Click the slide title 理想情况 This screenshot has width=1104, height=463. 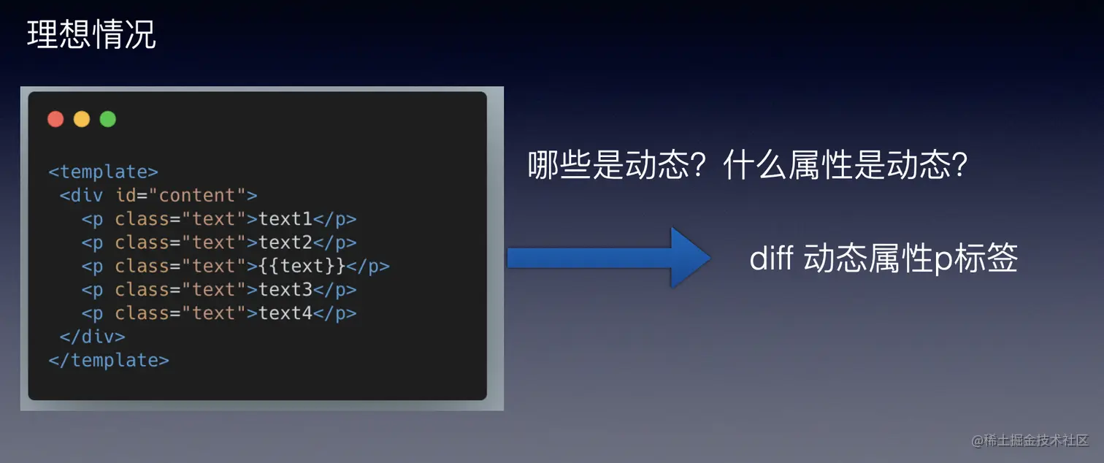[x=92, y=34]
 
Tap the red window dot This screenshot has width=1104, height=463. [x=55, y=119]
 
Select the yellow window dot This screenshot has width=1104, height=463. [x=82, y=119]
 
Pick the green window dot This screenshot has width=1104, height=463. [x=108, y=119]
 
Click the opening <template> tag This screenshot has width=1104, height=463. [x=104, y=172]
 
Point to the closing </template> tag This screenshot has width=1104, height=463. [x=109, y=360]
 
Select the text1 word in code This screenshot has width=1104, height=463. [x=285, y=218]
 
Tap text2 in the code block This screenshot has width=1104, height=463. [x=285, y=242]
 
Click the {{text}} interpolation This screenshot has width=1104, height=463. [x=302, y=266]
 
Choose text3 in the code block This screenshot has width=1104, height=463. [x=285, y=289]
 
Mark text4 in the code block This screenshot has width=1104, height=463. [x=285, y=313]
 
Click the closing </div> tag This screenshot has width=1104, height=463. [x=93, y=337]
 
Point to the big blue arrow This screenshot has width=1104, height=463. [x=609, y=258]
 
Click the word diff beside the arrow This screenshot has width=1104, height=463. [x=771, y=258]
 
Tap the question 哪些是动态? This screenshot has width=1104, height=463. [x=616, y=165]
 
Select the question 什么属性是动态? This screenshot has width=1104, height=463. [x=846, y=165]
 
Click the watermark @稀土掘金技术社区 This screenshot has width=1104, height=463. [x=1030, y=440]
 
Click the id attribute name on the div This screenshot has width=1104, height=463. [x=126, y=195]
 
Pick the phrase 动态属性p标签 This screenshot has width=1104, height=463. [x=911, y=258]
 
